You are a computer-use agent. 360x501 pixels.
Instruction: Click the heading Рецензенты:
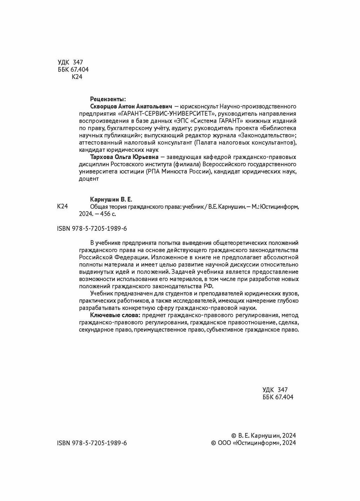tap(108, 99)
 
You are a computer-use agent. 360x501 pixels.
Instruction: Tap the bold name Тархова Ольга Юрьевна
tap(124, 157)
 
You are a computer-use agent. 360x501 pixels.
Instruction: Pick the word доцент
tap(89, 179)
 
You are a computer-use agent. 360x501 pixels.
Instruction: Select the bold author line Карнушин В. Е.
tap(111, 200)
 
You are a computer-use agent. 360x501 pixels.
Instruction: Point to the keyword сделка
tap(288, 322)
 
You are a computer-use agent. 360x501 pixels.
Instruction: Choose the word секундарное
tap(95, 330)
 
